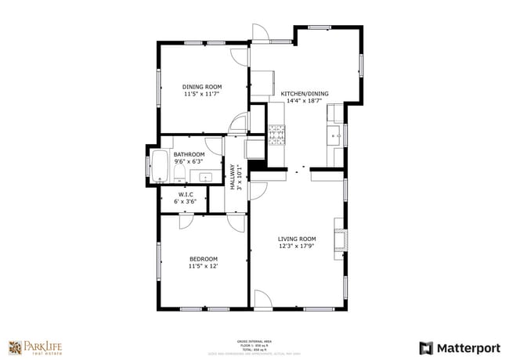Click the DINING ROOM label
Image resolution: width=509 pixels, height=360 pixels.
[x=202, y=87]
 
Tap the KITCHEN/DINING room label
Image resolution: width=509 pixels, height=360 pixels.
[x=305, y=94]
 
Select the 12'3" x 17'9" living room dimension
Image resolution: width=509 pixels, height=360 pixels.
[x=297, y=247]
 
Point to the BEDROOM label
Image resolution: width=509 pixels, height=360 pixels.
[x=203, y=259]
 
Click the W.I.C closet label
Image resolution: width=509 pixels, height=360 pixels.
[x=186, y=194]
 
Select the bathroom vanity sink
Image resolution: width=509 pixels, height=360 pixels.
[x=206, y=176]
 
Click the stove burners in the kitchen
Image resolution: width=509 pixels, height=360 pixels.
[x=276, y=135]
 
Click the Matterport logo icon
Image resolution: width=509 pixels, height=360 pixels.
[x=427, y=347]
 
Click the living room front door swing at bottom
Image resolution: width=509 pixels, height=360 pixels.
[x=262, y=298]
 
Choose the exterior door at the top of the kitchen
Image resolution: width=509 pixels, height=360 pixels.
[x=261, y=34]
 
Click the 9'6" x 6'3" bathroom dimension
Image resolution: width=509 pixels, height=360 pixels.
[x=189, y=162]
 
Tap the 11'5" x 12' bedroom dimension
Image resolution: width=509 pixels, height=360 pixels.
[x=203, y=266]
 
